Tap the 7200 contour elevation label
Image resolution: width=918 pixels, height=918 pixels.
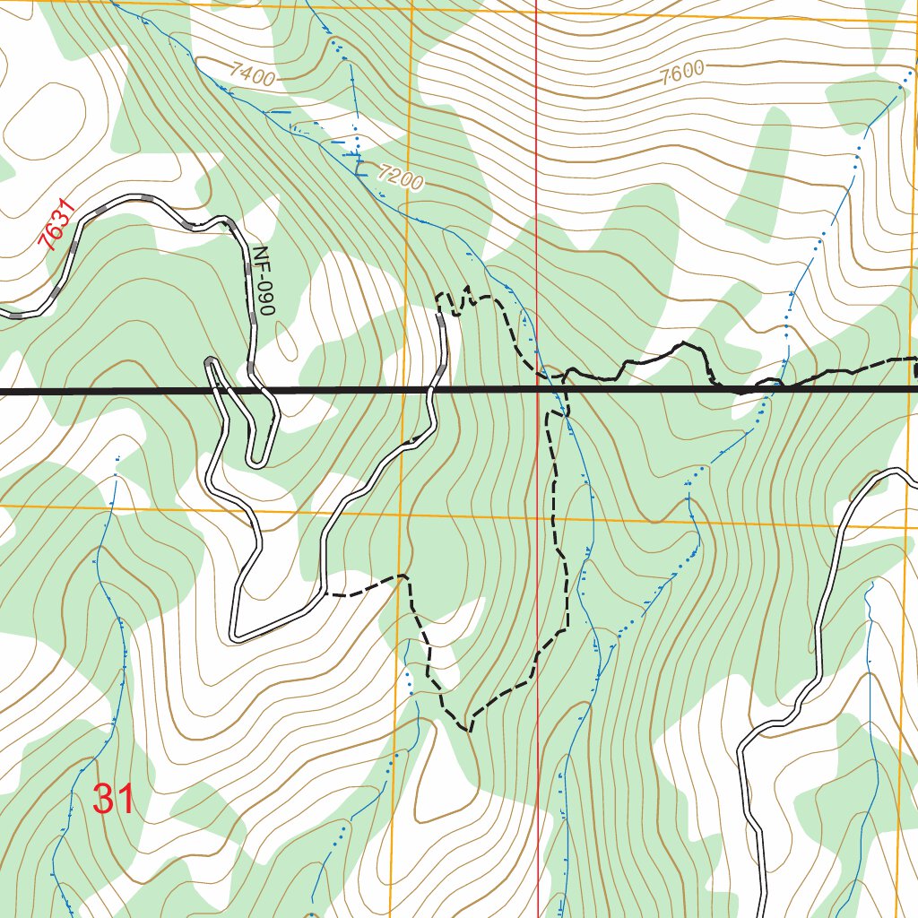pyautogui.click(x=399, y=177)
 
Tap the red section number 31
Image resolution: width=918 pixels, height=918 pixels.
pyautogui.click(x=114, y=799)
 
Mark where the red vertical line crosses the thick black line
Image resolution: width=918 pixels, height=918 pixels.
pyautogui.click(x=537, y=390)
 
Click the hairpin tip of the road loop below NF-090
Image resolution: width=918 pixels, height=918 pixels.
pyautogui.click(x=257, y=462)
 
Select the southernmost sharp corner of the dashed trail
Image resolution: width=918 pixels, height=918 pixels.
pyautogui.click(x=469, y=730)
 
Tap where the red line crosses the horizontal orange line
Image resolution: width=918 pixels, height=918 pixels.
pyautogui.click(x=538, y=517)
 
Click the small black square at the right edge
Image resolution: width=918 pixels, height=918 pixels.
pyautogui.click(x=915, y=368)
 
